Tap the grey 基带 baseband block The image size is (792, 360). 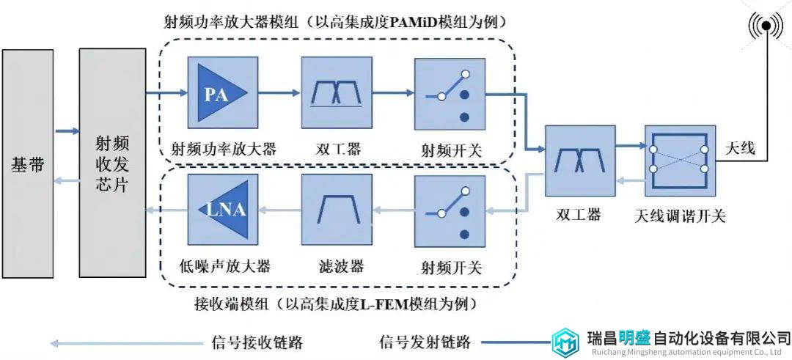click(28, 164)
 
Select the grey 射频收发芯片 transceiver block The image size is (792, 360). click(113, 163)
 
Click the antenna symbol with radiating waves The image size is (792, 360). click(766, 26)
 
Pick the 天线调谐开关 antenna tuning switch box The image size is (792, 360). click(680, 161)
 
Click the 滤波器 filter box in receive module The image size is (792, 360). click(337, 210)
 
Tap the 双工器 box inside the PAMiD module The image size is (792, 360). click(337, 92)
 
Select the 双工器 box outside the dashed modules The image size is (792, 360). click(580, 161)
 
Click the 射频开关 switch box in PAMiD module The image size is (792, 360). click(450, 94)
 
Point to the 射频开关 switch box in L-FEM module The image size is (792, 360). click(450, 211)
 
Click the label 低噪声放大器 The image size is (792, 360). click(224, 265)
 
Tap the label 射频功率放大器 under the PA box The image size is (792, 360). click(223, 150)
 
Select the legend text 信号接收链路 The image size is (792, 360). click(257, 343)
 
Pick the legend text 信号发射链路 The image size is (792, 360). click(425, 343)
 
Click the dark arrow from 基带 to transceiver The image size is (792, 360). click(67, 131)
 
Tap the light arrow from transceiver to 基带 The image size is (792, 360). click(66, 181)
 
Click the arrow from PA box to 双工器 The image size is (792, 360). click(279, 93)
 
